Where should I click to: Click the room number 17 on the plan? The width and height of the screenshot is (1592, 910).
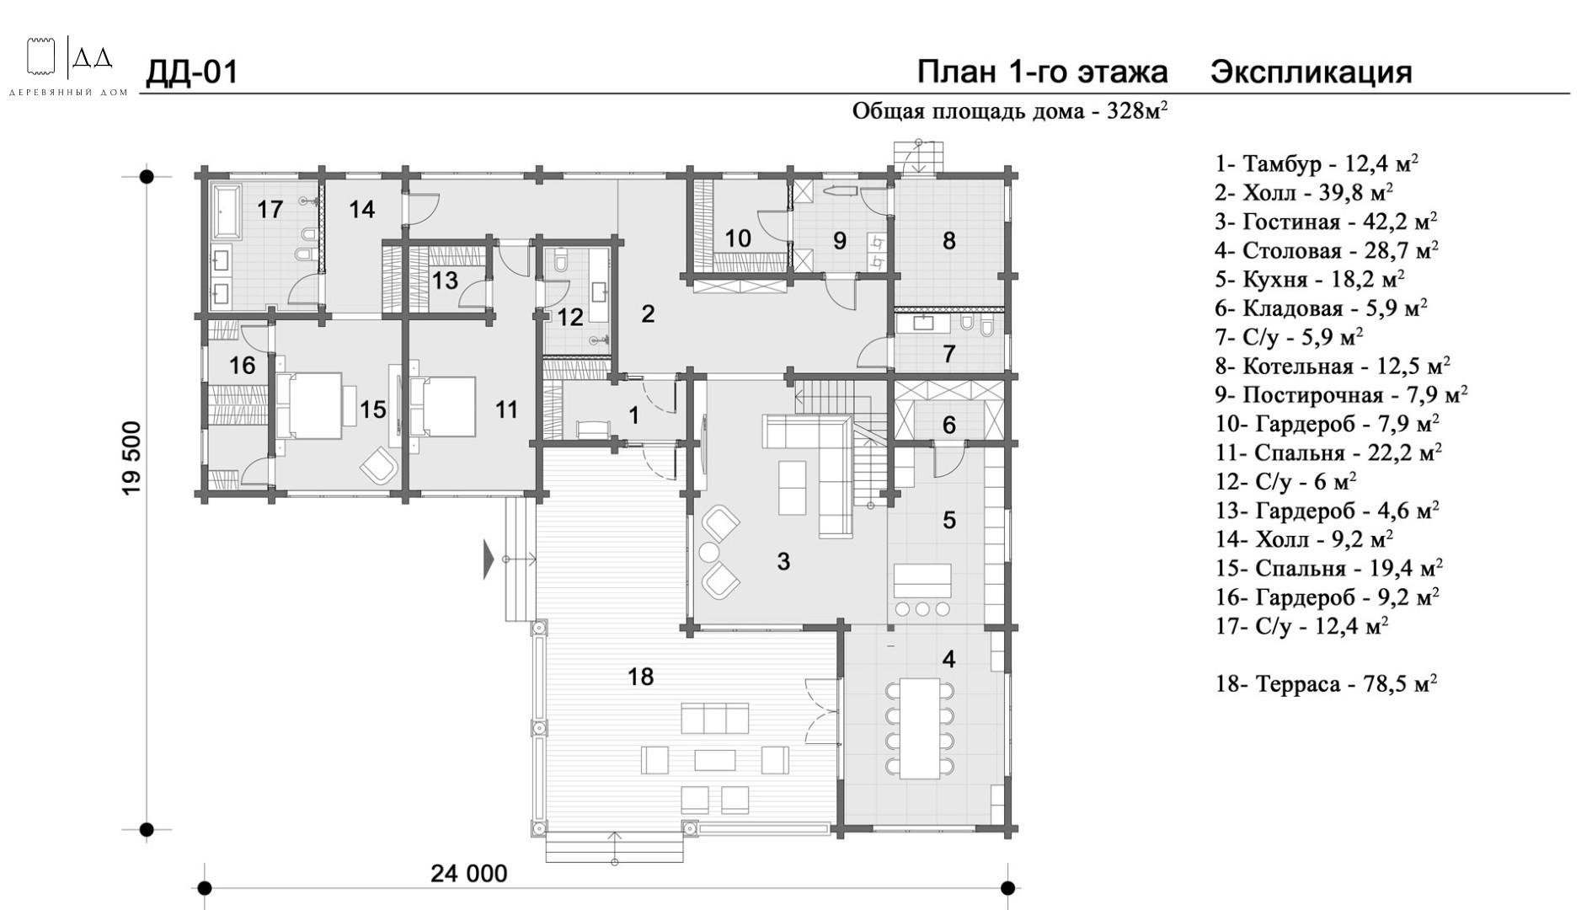(270, 209)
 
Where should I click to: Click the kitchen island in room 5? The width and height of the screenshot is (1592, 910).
(922, 580)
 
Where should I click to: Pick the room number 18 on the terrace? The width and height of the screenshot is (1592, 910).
(640, 677)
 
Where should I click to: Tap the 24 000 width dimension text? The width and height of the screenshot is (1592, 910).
(469, 874)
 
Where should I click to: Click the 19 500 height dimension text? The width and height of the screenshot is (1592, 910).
(132, 470)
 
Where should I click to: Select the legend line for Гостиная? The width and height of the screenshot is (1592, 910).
(1326, 222)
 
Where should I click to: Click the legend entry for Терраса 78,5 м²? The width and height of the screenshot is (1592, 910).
(1326, 683)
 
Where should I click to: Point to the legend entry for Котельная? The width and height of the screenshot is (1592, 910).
(1333, 366)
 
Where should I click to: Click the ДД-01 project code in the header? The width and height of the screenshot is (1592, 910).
(192, 72)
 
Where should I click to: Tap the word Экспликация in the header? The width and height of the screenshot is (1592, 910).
(1312, 73)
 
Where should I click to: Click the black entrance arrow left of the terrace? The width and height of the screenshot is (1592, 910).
(489, 559)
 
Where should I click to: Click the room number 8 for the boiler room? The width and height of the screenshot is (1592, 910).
(949, 241)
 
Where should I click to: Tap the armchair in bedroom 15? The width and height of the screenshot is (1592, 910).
(380, 465)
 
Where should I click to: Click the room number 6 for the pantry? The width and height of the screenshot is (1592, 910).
(949, 426)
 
